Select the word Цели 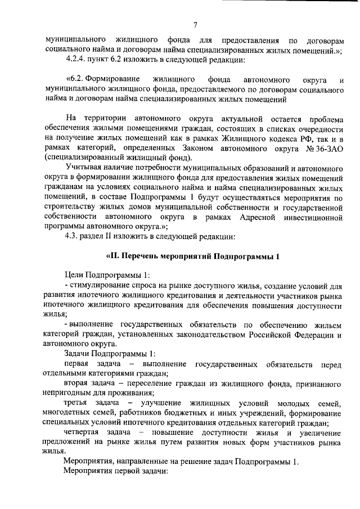tap(73, 274)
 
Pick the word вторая tap(76, 384)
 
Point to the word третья tap(77, 403)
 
